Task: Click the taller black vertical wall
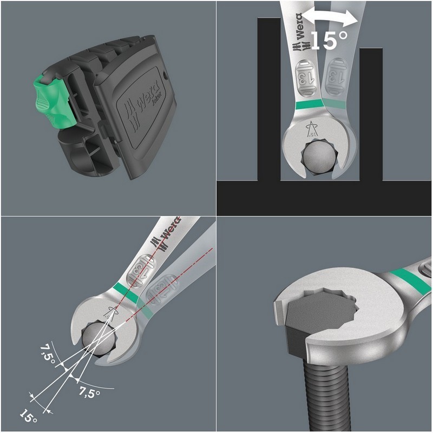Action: pos(268,97)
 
